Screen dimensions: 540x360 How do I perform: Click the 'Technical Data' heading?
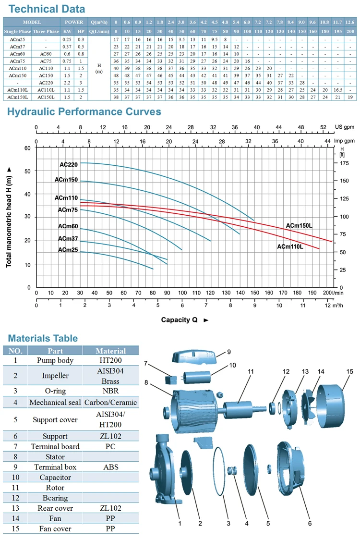47,9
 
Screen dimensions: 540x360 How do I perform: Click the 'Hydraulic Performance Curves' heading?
84,111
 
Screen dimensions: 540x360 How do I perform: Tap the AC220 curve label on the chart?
69,164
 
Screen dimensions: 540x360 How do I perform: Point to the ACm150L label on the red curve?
299,225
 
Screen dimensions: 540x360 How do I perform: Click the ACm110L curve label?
290,246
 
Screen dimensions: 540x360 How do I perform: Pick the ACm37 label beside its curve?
68,239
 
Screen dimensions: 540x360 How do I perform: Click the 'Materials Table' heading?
43,338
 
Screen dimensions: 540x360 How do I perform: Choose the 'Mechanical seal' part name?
55,403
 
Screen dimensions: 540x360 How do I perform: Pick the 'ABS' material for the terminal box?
110,467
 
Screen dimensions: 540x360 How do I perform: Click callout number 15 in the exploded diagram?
349,372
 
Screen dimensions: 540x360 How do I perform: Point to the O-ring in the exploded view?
218,471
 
